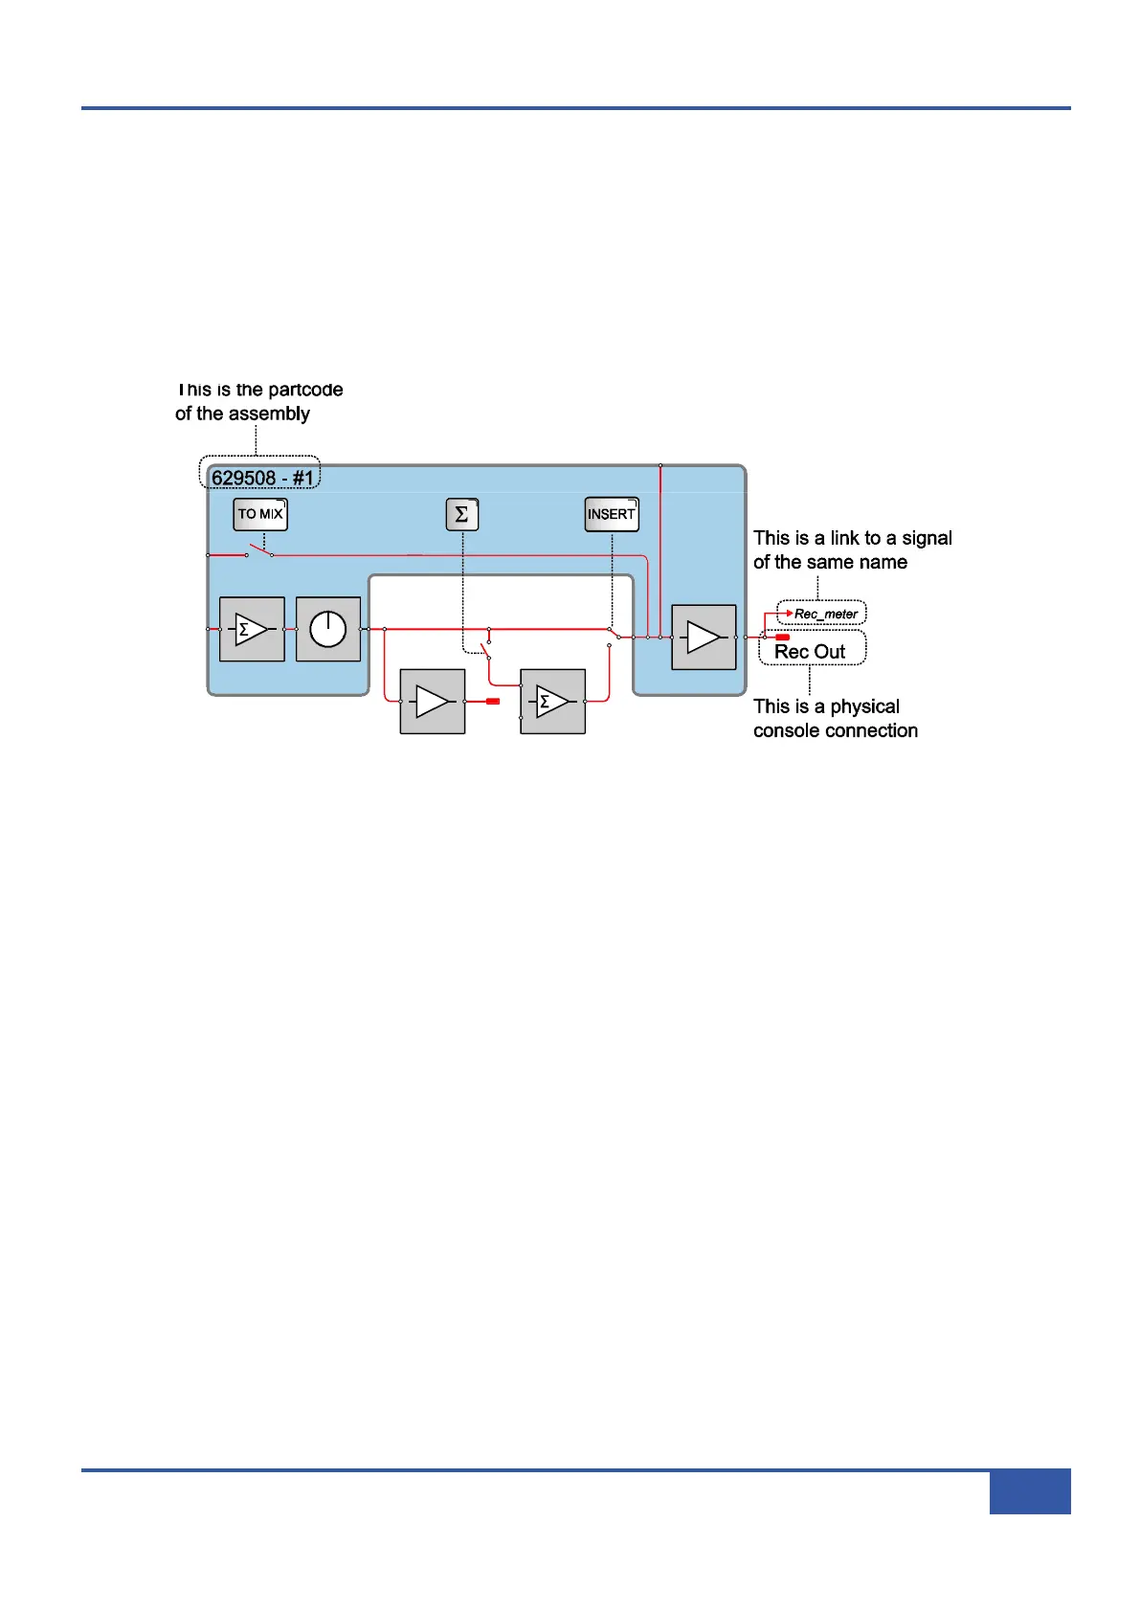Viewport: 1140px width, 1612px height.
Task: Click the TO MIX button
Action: click(260, 514)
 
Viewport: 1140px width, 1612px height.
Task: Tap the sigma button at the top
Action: click(461, 514)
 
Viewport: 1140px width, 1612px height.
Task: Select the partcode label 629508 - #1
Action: click(261, 477)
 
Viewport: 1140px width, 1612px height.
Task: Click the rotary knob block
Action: click(328, 629)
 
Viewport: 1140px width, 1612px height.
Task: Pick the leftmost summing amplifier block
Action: click(252, 629)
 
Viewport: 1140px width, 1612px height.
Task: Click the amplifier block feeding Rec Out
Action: click(704, 637)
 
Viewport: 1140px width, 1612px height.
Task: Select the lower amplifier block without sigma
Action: click(433, 702)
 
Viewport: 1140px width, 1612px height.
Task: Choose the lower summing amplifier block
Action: click(552, 702)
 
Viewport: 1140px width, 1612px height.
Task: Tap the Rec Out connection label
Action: click(810, 652)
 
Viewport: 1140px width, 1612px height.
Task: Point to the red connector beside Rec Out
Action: click(782, 637)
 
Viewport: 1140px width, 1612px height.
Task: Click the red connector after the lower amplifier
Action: click(493, 702)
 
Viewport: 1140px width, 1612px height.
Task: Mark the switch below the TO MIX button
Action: click(258, 551)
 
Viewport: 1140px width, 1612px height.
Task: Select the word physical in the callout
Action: click(864, 706)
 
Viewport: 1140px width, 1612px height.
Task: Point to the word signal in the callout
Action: click(927, 538)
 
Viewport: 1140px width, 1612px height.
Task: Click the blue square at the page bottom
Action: click(1029, 1491)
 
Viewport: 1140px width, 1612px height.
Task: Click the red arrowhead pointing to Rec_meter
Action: click(790, 613)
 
